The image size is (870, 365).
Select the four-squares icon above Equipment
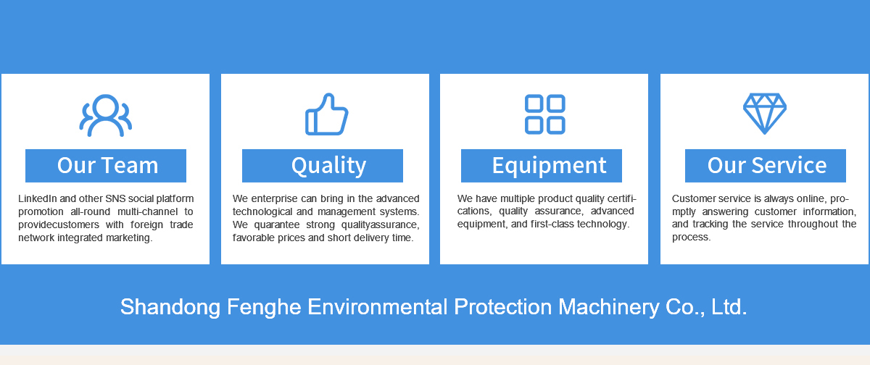(x=545, y=114)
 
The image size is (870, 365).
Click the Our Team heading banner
(x=106, y=166)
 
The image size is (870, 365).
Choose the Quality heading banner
(x=323, y=166)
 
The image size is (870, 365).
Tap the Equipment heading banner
(x=542, y=166)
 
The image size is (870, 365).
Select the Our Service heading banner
(x=766, y=166)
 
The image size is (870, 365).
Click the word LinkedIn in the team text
(x=38, y=198)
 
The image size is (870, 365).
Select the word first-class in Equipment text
(x=552, y=225)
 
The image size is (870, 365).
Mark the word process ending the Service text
(x=692, y=238)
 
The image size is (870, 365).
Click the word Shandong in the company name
(x=170, y=307)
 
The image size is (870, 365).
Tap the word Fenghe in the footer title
(x=264, y=307)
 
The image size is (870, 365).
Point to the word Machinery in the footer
(x=609, y=307)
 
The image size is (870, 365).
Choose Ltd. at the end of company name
(x=729, y=307)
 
